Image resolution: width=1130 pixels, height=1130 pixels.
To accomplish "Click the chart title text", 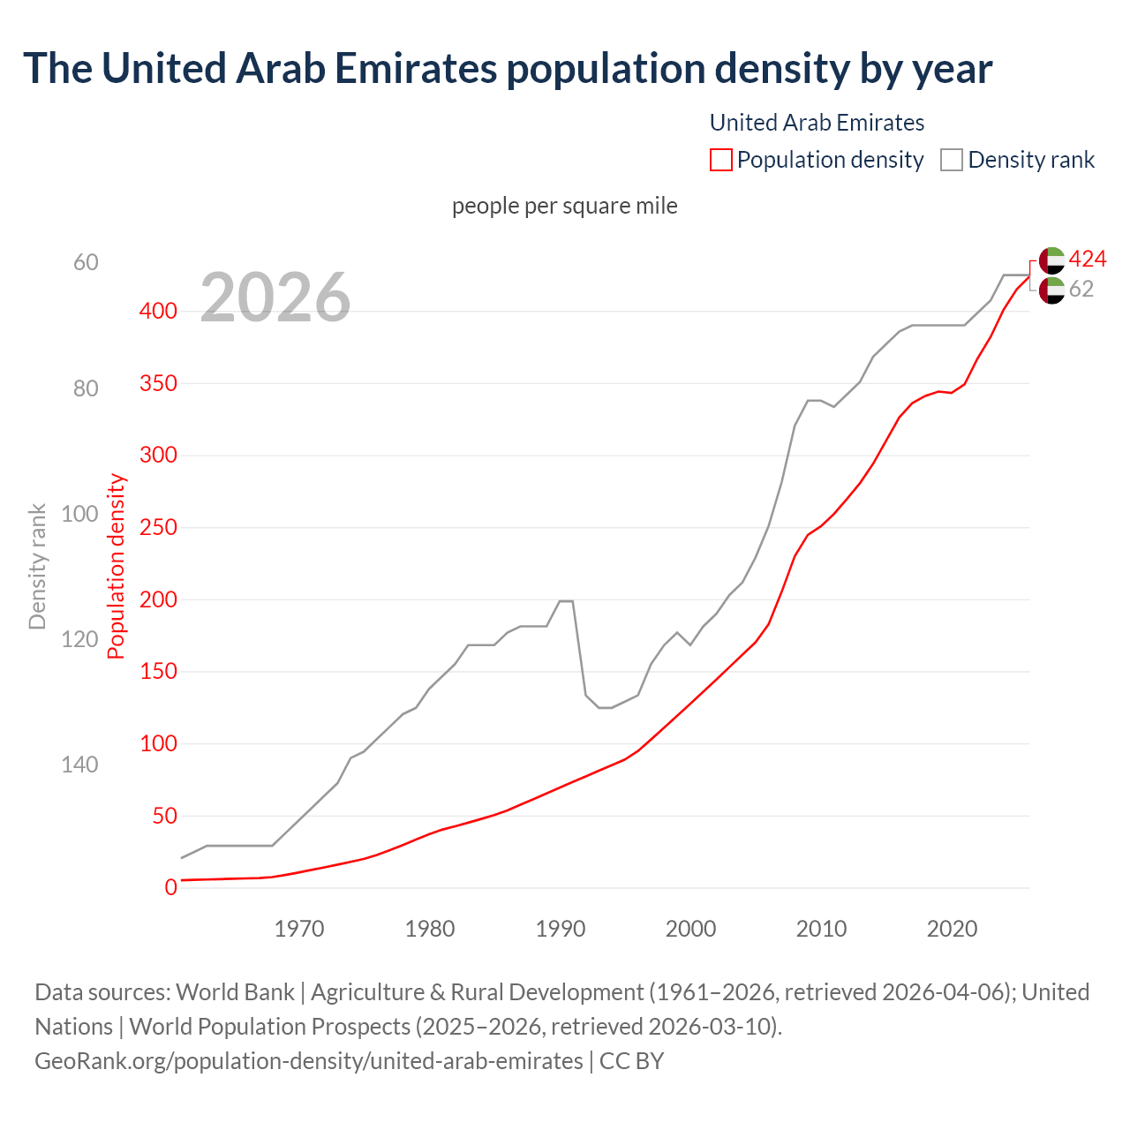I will [508, 69].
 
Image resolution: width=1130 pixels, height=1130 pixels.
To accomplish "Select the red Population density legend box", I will [720, 160].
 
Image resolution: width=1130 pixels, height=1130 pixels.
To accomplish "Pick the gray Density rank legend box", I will [951, 160].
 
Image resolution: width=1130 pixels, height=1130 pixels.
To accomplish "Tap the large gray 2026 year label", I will [275, 298].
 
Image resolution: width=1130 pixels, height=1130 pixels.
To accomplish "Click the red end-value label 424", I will [1087, 259].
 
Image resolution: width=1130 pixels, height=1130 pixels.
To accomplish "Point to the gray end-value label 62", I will [1081, 289].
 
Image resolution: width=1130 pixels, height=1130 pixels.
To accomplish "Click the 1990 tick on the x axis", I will [561, 929].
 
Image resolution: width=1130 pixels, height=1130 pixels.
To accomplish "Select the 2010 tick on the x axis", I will [821, 929].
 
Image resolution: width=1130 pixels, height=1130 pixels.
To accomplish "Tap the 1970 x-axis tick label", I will [299, 929].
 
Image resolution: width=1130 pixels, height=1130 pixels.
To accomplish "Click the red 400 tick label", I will [158, 311].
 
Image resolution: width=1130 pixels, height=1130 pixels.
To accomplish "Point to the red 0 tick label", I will [170, 887].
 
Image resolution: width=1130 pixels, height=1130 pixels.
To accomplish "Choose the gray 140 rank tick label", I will [79, 765].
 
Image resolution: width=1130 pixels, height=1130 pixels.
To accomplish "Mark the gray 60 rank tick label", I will [86, 263].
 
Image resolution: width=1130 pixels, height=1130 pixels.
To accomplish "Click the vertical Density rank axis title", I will [37, 566].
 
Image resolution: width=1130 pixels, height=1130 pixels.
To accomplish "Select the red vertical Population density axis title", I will [117, 566].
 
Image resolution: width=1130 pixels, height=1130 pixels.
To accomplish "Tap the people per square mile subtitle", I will [565, 206].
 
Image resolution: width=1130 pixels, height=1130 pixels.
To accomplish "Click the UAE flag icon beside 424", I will [1051, 260].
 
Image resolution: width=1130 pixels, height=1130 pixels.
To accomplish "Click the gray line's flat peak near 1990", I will [566, 601].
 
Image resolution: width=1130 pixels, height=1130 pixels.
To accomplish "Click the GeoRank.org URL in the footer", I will [308, 1060].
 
